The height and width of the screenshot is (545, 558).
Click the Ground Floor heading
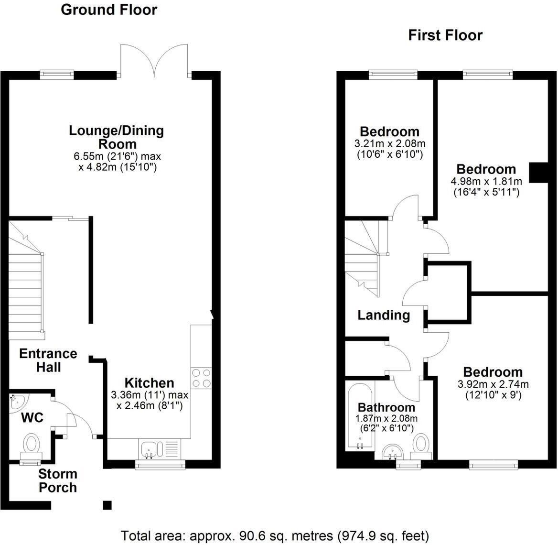(x=108, y=10)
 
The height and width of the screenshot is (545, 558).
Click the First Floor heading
(x=445, y=35)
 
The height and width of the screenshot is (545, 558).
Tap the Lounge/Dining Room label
(x=116, y=137)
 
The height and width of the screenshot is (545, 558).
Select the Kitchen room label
(x=149, y=383)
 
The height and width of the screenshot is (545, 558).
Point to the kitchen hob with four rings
(x=201, y=378)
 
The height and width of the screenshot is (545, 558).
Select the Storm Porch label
(x=57, y=481)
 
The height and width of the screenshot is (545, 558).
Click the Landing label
(x=384, y=315)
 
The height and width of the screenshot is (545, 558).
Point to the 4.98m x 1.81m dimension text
(x=486, y=182)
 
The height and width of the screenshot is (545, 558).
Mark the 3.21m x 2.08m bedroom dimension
(x=390, y=144)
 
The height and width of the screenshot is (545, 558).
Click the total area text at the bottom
(x=275, y=536)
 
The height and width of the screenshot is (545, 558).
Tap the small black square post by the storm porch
(x=107, y=505)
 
